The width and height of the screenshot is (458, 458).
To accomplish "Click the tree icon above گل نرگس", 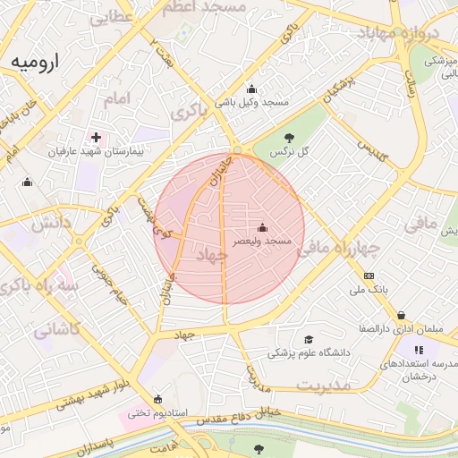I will click(289, 137).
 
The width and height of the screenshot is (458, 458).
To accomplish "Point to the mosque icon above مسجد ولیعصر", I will click(261, 227).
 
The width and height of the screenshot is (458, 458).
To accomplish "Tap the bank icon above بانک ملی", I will click(369, 276).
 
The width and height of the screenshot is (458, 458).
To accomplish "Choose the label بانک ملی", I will click(369, 290).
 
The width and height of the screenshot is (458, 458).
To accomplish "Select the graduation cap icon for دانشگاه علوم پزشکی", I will click(310, 339).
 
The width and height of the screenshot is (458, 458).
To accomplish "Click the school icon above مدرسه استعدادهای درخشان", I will click(419, 350).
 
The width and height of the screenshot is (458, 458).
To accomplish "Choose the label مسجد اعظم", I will click(202, 7).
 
